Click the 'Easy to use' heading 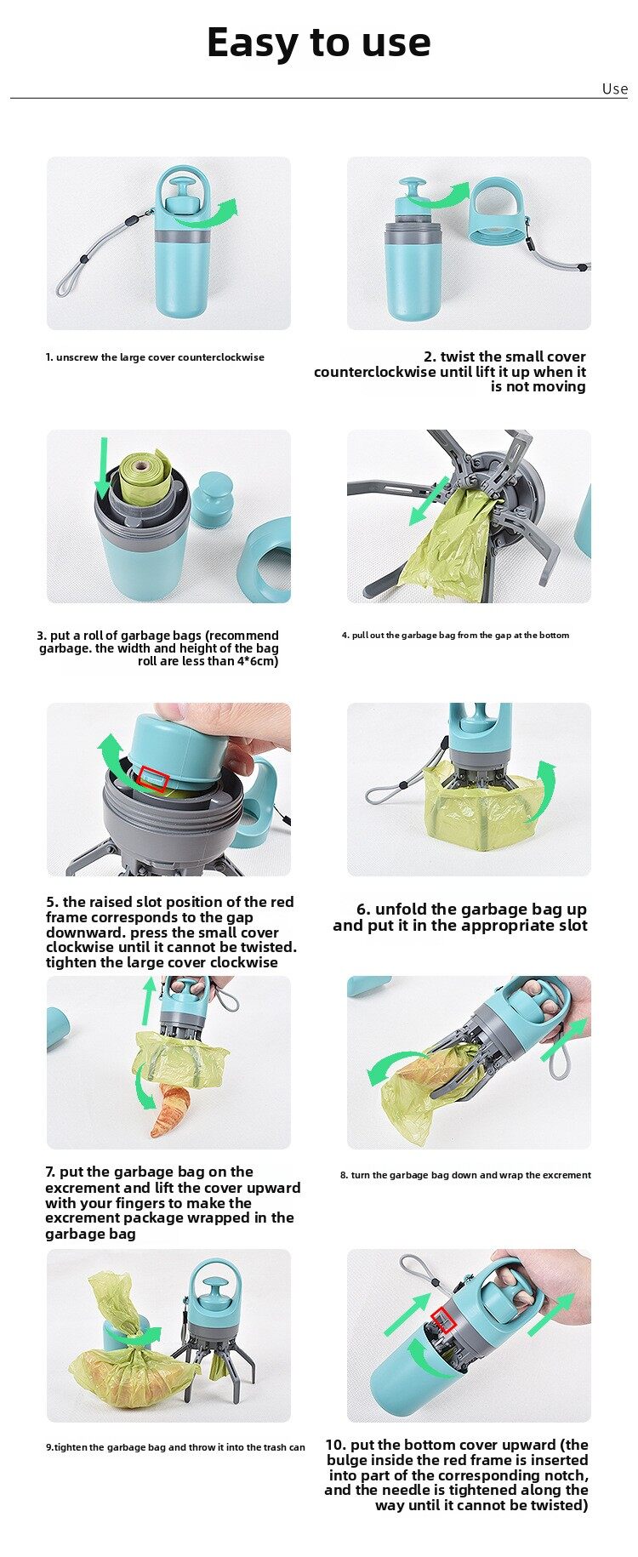[x=319, y=43]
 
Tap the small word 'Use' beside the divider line [x=614, y=89]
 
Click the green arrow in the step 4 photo [x=430, y=501]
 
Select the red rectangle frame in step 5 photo [x=153, y=779]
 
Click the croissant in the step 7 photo [x=169, y=1109]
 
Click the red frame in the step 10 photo [x=443, y=1320]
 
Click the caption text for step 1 [x=155, y=357]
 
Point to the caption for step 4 [x=455, y=635]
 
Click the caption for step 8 [x=465, y=1175]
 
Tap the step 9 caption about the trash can [x=175, y=1447]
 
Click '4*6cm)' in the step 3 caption [x=258, y=661]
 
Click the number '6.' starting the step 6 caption [x=364, y=910]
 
